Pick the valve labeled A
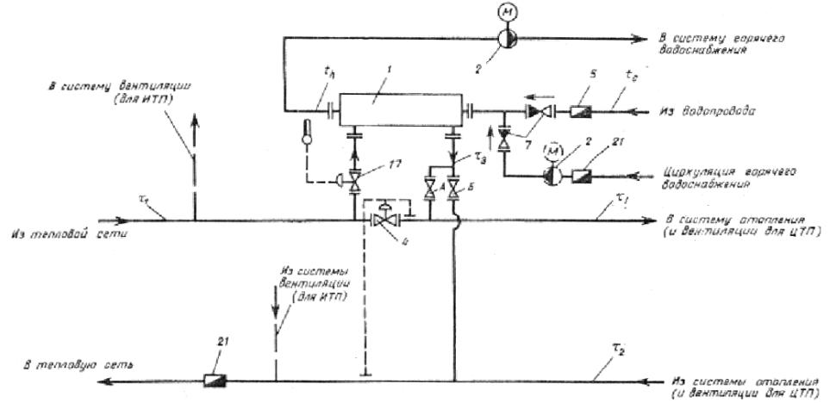click(x=430, y=186)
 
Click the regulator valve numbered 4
click(x=380, y=220)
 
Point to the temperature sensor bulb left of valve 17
click(x=306, y=133)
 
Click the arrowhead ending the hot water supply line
click(x=641, y=38)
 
